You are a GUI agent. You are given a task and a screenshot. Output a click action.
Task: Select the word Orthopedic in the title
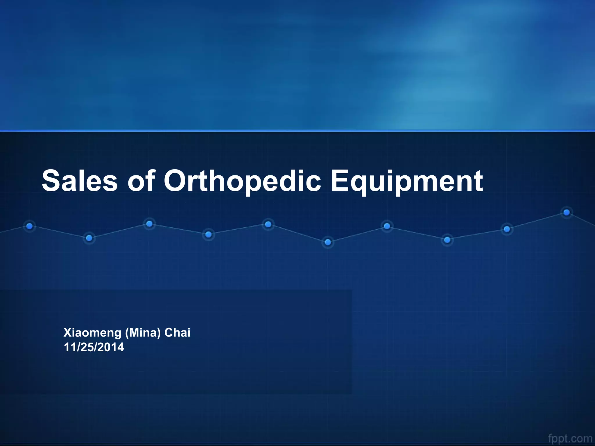tap(242, 181)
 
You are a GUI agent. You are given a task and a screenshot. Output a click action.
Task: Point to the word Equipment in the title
tap(407, 181)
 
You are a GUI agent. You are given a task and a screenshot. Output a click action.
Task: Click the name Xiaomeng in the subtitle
tap(92, 333)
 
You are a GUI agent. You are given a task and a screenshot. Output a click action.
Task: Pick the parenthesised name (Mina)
tap(143, 333)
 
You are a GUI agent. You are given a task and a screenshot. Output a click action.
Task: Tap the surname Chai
tap(177, 332)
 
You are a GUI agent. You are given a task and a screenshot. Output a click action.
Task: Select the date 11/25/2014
tap(94, 347)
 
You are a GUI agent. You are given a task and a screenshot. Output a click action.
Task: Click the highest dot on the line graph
tap(566, 213)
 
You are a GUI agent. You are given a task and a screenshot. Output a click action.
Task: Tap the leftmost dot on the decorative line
tap(29, 226)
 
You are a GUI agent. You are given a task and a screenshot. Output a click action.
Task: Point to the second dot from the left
tap(89, 238)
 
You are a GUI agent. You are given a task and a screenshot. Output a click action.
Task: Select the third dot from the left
tap(149, 224)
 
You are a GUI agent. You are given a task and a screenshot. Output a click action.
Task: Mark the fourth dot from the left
tap(208, 234)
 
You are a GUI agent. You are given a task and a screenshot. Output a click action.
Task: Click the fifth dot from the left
tap(268, 224)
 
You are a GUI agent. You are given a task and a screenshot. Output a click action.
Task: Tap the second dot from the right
tap(507, 229)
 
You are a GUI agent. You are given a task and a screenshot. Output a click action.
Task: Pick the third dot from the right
tap(447, 240)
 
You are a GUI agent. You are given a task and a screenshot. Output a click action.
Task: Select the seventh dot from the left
tap(387, 226)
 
